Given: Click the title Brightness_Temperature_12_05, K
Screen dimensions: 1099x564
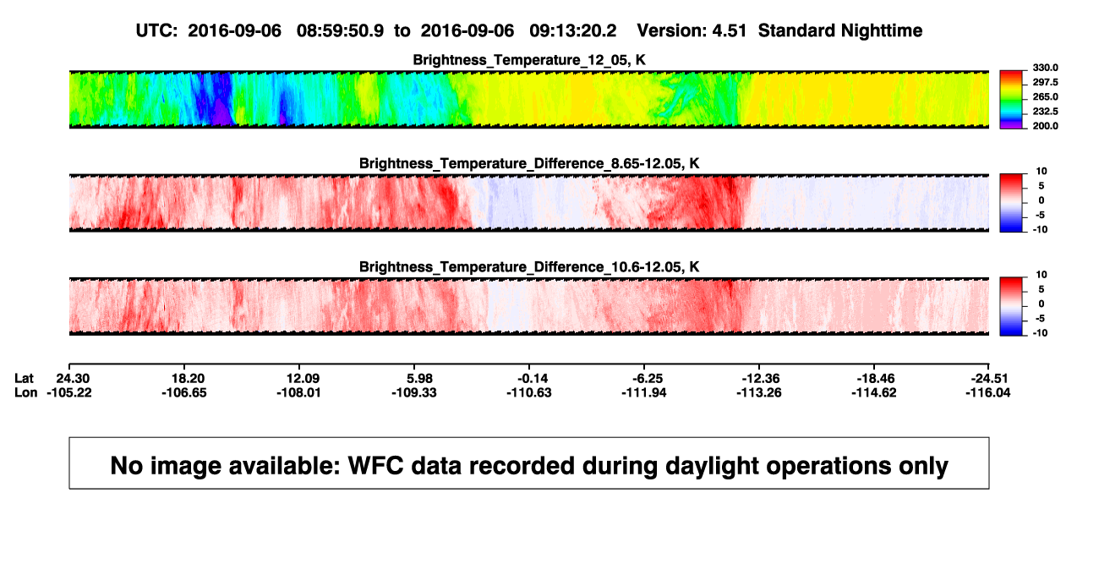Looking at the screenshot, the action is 529,60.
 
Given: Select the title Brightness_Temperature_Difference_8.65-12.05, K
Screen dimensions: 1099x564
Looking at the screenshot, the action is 529,163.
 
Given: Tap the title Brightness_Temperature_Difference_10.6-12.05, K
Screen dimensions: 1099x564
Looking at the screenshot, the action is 529,267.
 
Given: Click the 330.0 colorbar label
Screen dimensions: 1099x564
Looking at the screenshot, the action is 1045,68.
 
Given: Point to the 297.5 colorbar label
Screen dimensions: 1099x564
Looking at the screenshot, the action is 1045,83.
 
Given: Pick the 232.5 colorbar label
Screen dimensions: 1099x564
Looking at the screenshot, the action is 1045,112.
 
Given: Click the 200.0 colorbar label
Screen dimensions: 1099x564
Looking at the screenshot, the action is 1045,126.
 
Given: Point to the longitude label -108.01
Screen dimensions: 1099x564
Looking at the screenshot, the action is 298,392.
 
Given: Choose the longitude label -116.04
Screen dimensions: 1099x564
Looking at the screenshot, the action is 988,392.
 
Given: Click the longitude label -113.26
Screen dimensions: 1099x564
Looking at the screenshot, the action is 759,392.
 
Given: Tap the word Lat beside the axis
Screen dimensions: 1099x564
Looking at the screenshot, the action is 24,379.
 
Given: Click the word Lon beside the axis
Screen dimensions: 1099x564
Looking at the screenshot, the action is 26,392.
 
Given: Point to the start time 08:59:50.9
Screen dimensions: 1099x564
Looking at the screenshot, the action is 340,31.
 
